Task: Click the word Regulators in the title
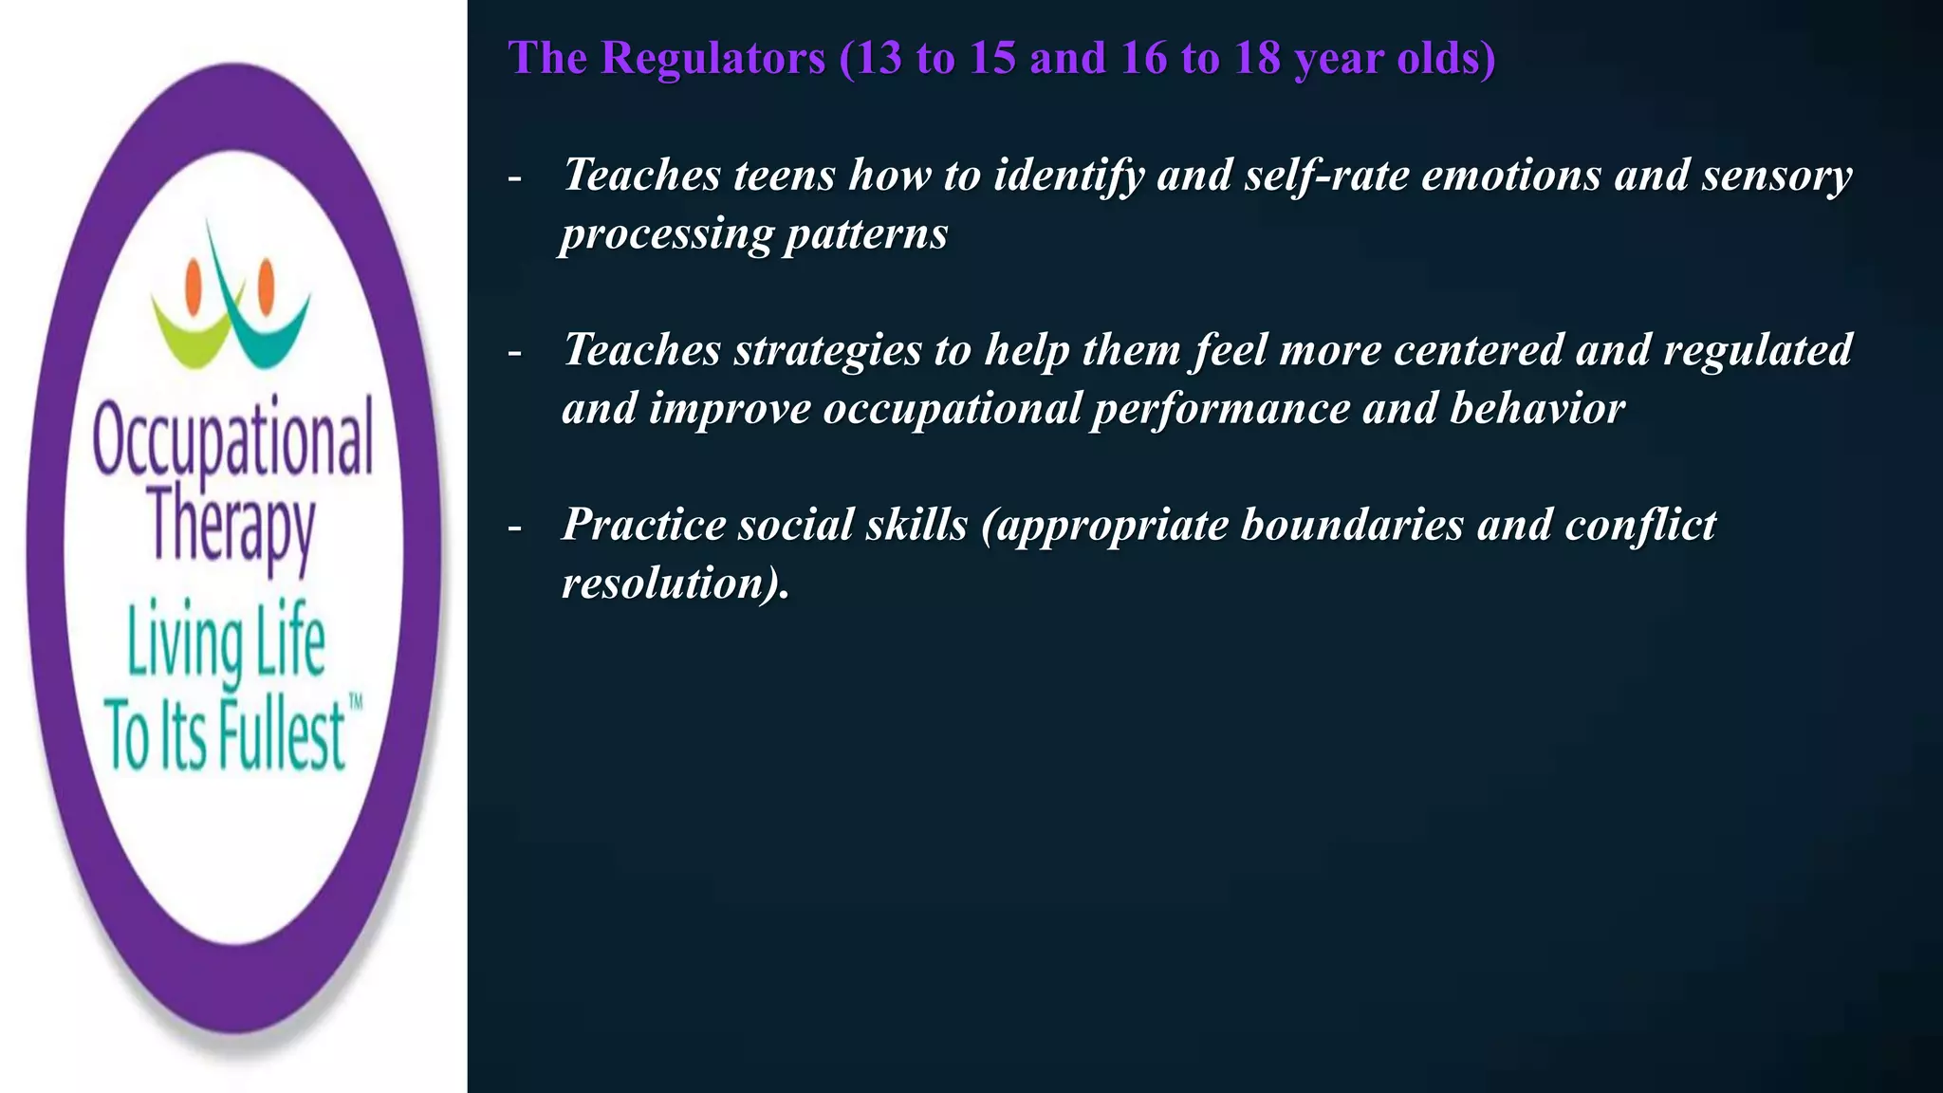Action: (x=712, y=58)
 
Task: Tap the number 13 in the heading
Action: (x=878, y=58)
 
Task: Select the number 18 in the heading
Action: (x=1256, y=58)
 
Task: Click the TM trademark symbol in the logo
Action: (x=356, y=702)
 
